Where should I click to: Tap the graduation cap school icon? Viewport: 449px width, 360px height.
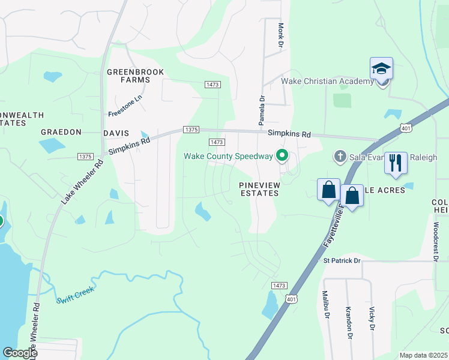[381, 69]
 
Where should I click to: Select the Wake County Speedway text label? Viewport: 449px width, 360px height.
[228, 157]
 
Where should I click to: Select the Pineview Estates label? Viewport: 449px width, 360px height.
[259, 189]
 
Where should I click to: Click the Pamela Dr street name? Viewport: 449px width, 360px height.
[262, 111]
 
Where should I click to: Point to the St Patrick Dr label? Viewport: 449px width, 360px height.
[342, 261]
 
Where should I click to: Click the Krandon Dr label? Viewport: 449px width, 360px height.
[348, 322]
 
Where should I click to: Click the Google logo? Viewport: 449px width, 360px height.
[20, 353]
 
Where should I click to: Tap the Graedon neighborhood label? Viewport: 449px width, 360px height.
[60, 132]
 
